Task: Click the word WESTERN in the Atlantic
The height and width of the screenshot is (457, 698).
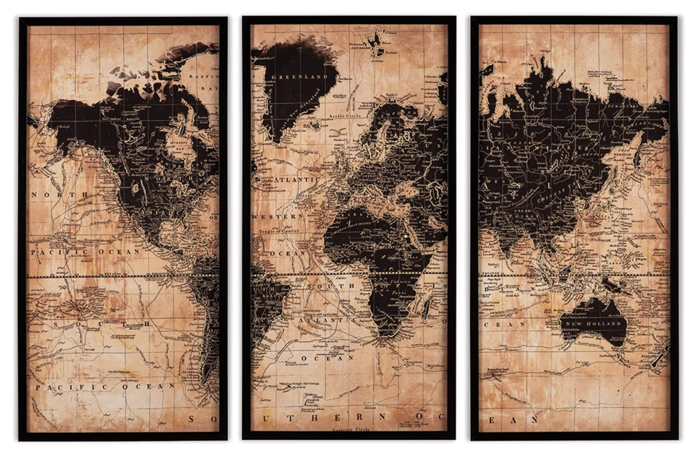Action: point(277,217)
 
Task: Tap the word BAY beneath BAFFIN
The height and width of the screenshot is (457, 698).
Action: point(210,87)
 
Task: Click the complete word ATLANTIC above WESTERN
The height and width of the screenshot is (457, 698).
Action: point(296,180)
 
